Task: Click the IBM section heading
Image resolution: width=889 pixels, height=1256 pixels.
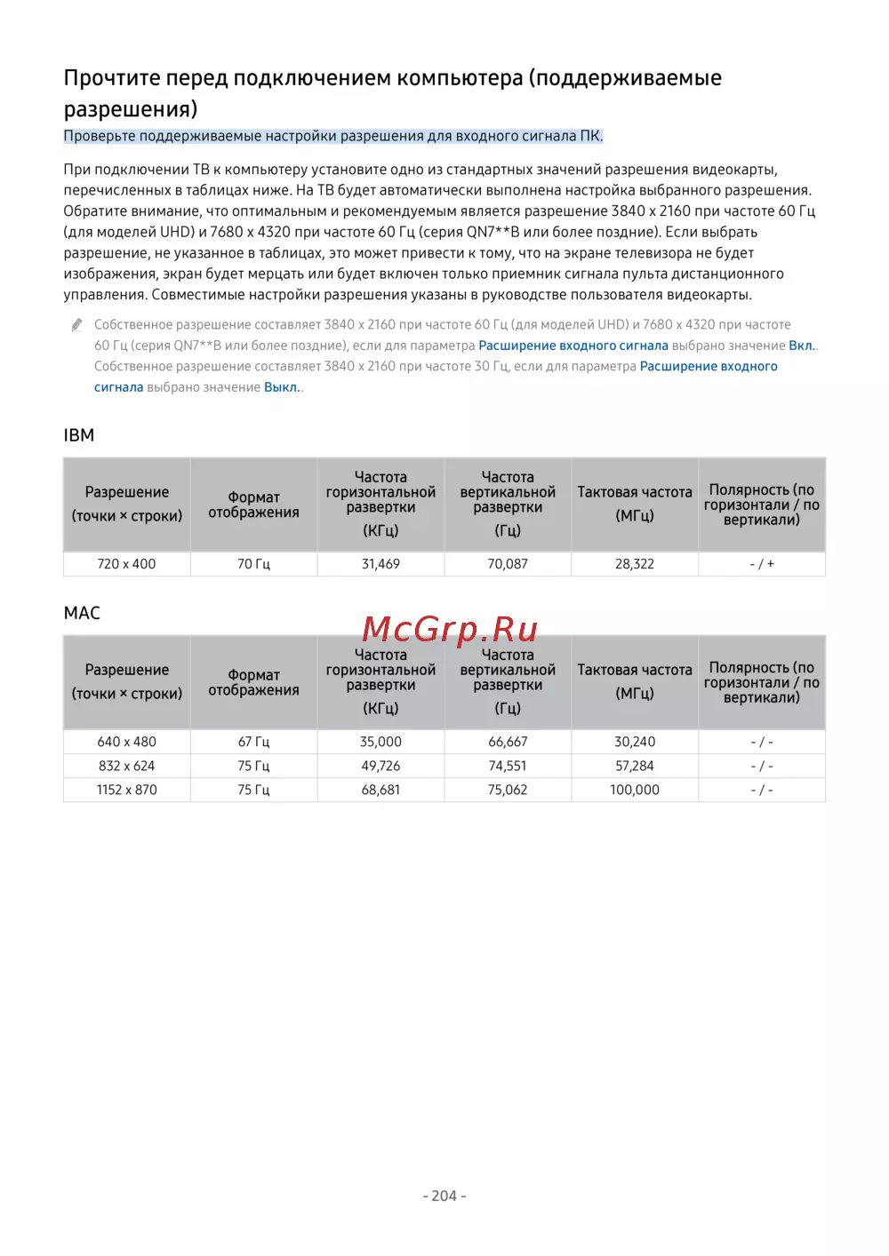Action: tap(79, 435)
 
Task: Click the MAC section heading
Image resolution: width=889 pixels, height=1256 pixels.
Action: tap(82, 613)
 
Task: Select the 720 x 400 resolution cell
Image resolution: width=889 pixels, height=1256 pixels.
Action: tap(126, 564)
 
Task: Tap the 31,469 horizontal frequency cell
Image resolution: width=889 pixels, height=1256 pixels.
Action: tap(380, 564)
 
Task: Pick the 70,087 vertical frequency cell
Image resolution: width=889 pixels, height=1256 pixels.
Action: tap(508, 564)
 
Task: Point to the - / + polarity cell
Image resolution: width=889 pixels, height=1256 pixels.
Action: tap(762, 564)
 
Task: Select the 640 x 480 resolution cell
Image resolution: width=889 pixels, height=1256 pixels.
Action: tap(126, 742)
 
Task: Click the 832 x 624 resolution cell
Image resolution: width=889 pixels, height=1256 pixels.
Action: tap(126, 766)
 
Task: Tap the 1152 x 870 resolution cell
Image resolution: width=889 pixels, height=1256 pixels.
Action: tap(126, 790)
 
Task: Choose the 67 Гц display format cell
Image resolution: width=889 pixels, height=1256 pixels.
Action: tap(253, 742)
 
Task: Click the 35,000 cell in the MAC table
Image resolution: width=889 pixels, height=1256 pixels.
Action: tap(380, 742)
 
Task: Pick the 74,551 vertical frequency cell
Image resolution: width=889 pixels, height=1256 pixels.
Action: tap(508, 766)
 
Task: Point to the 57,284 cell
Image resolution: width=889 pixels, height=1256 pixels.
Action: tap(635, 766)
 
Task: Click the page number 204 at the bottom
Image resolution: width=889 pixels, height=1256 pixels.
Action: tap(444, 1196)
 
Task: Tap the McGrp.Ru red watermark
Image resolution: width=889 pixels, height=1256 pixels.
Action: tap(450, 629)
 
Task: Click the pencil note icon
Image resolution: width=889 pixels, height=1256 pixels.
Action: tap(77, 325)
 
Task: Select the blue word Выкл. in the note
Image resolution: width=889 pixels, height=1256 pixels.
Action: tap(282, 387)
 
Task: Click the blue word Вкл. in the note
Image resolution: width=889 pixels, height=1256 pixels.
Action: tap(801, 346)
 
